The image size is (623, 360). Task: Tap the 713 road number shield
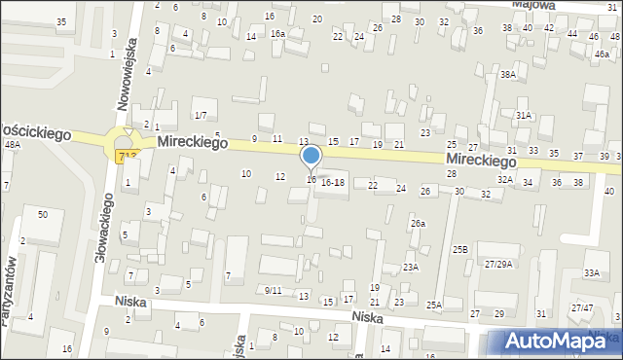click(127, 156)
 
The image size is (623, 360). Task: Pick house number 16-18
click(333, 182)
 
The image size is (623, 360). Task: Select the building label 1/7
click(200, 116)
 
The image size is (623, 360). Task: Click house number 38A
click(507, 74)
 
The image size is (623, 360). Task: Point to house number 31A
click(524, 115)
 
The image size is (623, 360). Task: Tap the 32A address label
click(505, 179)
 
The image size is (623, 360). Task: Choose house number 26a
click(418, 224)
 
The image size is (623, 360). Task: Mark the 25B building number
click(460, 249)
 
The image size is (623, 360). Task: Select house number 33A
click(592, 272)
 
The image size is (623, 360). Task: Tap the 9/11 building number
click(273, 290)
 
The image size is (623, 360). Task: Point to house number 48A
click(12, 144)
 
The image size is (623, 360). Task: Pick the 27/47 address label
click(582, 307)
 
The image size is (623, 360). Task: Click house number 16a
click(277, 33)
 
